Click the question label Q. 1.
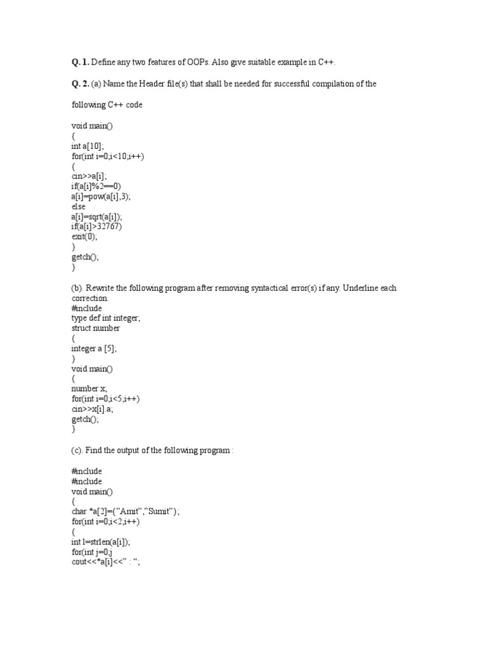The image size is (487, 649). tap(81, 62)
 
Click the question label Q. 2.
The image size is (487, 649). tap(81, 84)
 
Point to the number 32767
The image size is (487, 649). tap(110, 226)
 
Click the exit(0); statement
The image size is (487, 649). tap(86, 237)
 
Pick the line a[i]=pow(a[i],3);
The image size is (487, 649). tap(101, 196)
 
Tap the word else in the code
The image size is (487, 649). tap(79, 207)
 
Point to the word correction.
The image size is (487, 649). tap(90, 298)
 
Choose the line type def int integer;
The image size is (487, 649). tap(106, 318)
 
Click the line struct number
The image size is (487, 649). tap(96, 328)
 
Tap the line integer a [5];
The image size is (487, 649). tap(94, 349)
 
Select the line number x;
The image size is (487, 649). tap(89, 389)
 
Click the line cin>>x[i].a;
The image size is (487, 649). tap(94, 409)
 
